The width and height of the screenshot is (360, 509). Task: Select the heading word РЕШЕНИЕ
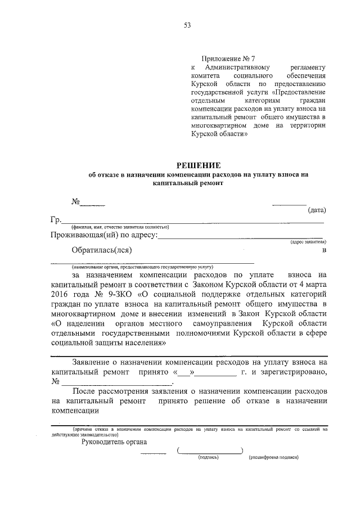[199, 165]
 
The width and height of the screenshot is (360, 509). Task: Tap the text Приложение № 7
[228, 58]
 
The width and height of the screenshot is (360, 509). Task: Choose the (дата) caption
[316, 210]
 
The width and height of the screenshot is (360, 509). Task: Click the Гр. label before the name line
[55, 220]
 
